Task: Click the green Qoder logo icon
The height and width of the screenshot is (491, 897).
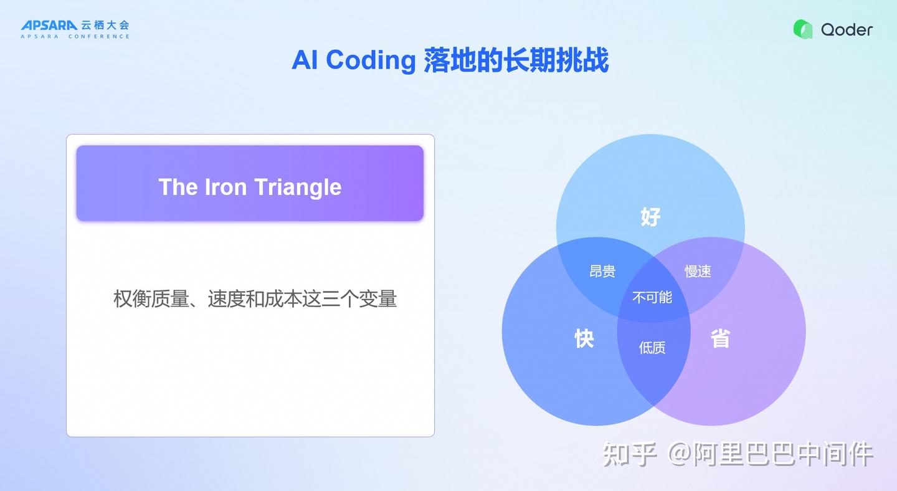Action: [803, 29]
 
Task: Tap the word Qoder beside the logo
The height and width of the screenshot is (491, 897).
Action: [847, 29]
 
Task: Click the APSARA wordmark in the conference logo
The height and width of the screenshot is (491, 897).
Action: [49, 25]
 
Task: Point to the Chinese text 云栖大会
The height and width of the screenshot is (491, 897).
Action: [105, 25]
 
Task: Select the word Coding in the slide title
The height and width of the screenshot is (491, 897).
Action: [371, 60]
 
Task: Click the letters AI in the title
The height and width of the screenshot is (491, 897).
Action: [305, 60]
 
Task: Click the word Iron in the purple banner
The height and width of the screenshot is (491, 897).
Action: [225, 187]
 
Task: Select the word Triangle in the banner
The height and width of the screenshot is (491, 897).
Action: [298, 187]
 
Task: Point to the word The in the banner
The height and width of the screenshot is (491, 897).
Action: [178, 187]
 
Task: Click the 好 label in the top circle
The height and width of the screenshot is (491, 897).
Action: [650, 217]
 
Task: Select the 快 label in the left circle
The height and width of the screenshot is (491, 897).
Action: [584, 338]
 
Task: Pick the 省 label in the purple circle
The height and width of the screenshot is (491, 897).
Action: [720, 338]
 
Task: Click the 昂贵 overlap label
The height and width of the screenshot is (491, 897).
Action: [602, 271]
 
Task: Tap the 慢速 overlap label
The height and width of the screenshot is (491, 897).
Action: [698, 271]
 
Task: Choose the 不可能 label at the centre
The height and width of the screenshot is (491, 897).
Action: [652, 298]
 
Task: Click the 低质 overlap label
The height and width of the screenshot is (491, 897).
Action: [652, 348]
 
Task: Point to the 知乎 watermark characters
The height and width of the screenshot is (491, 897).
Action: [630, 454]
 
